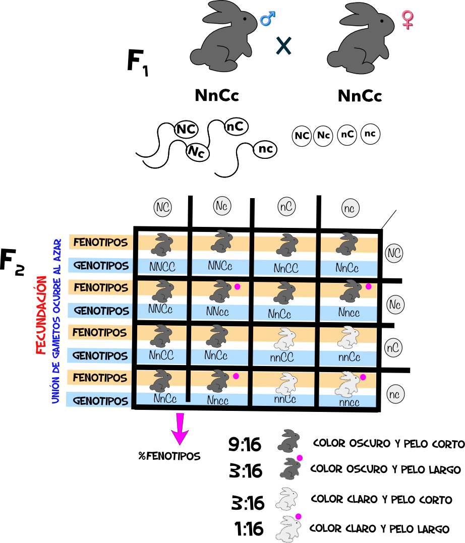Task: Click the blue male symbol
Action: (x=267, y=20)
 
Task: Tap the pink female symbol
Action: (x=406, y=20)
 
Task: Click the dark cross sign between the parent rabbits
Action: (x=283, y=46)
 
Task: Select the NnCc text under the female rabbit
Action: (x=360, y=96)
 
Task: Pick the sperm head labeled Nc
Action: (x=197, y=151)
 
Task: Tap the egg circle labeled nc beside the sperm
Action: (x=370, y=134)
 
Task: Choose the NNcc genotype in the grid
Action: (x=218, y=312)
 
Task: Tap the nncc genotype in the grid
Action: (x=349, y=403)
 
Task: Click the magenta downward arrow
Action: (x=180, y=429)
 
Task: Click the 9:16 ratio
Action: (x=245, y=445)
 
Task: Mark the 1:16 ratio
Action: (x=249, y=529)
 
